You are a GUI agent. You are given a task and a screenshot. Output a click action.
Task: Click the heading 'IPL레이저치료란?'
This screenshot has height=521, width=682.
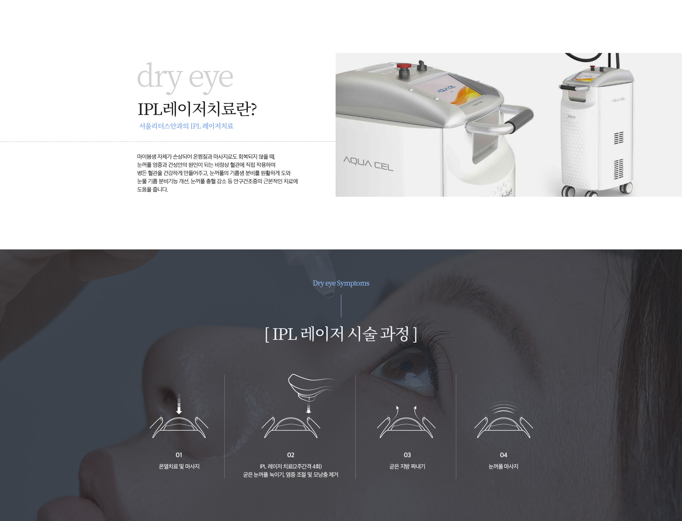197,109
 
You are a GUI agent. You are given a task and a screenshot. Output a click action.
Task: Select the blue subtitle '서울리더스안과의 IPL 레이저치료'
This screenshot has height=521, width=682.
186,126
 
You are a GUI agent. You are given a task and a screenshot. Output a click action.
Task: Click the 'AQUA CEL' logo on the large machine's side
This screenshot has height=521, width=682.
368,163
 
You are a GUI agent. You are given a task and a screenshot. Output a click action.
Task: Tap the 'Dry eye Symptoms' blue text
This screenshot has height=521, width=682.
341,283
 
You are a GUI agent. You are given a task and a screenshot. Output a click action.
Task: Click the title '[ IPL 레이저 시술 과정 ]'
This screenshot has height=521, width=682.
341,334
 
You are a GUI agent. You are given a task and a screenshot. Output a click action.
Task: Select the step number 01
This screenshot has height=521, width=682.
179,455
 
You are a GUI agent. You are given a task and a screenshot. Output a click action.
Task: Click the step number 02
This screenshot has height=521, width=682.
291,455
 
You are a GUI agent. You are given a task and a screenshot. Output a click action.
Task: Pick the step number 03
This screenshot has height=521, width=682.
407,455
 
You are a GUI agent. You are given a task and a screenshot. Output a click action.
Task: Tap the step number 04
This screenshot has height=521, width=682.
503,455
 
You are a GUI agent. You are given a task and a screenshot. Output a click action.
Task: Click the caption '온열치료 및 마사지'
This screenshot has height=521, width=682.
179,466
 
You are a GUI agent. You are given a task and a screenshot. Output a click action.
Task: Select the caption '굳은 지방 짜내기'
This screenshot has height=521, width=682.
407,466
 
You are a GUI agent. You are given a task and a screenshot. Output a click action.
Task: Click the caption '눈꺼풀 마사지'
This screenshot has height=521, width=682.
503,466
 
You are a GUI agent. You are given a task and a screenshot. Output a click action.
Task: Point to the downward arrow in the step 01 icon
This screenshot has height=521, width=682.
179,404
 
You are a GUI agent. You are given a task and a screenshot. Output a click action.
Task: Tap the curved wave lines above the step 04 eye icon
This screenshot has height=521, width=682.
503,407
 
